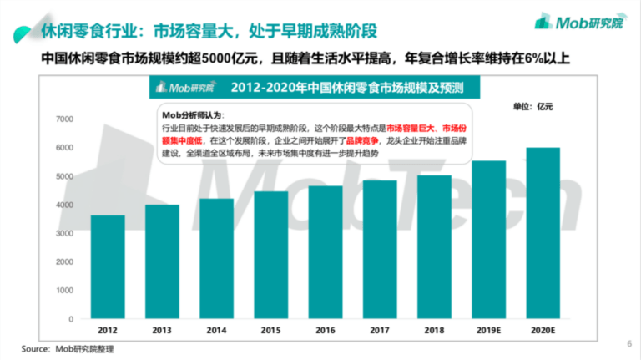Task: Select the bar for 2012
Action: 108,267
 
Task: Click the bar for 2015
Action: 270,255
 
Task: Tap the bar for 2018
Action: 434,247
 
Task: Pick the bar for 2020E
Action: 543,233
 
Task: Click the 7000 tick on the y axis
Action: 63,119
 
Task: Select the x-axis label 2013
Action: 162,330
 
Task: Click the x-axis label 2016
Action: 325,330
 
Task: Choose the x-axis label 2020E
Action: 543,330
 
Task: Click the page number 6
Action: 628,342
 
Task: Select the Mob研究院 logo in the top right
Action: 580,23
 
